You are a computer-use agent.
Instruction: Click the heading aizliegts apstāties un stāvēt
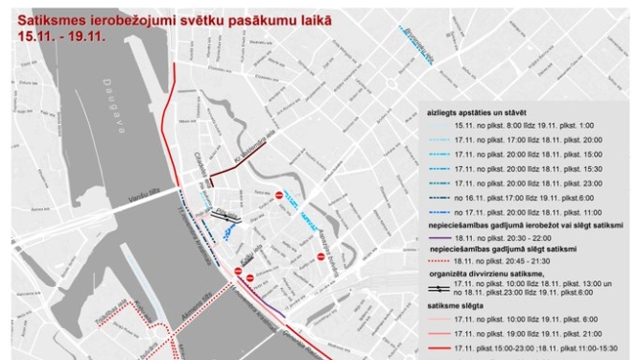[x=476, y=113]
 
